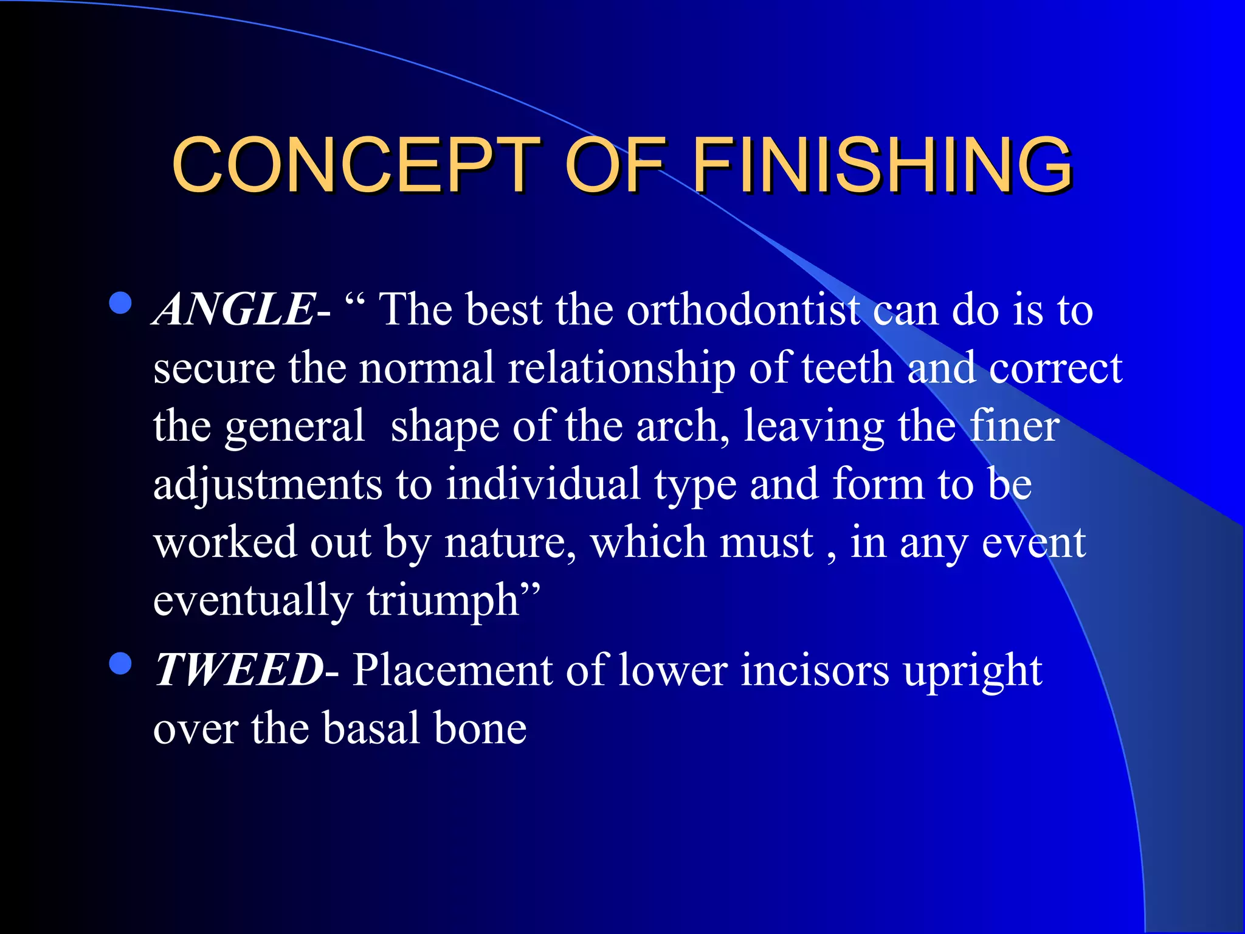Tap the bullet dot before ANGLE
[x=121, y=303]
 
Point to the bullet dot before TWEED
[x=121, y=663]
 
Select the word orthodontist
[x=745, y=310]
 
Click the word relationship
[x=621, y=368]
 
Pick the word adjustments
[x=267, y=485]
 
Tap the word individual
[x=543, y=485]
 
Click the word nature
[x=509, y=543]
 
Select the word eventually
[x=252, y=601]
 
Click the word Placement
[x=452, y=670]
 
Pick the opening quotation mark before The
[x=354, y=300]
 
